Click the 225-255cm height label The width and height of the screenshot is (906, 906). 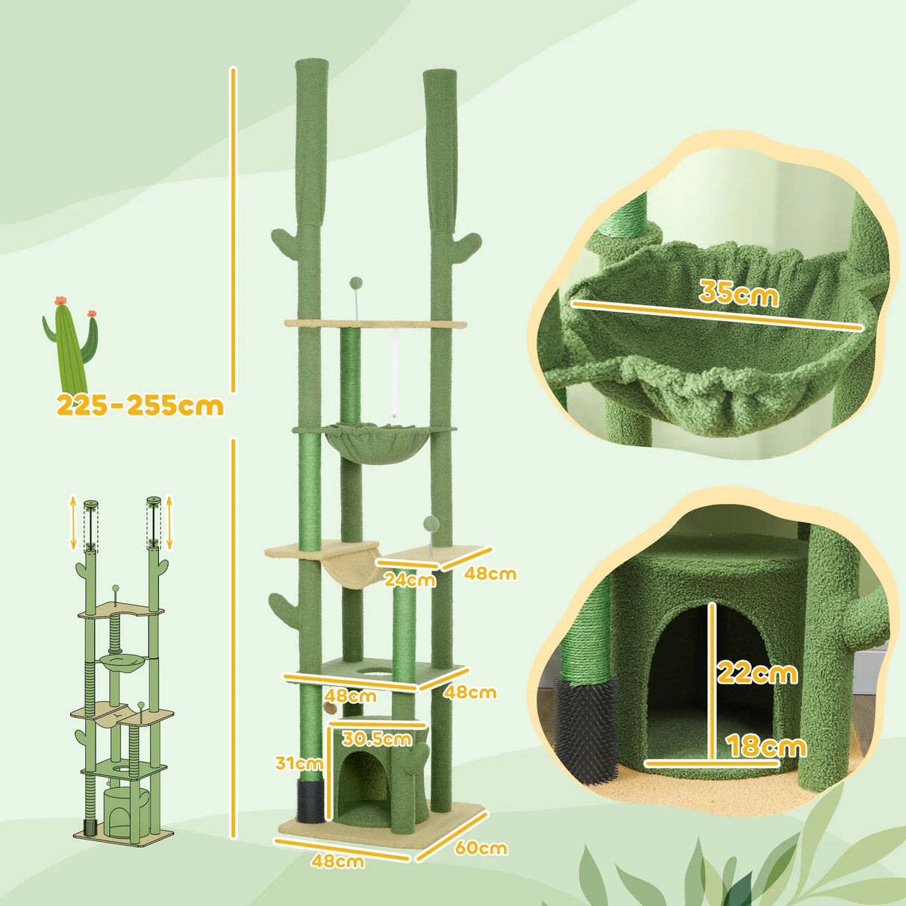(140, 405)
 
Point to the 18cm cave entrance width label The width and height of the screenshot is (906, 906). (766, 746)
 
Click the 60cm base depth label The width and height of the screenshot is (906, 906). (481, 848)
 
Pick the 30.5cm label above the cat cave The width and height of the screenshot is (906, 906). (377, 739)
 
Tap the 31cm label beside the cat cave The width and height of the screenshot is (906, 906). (299, 763)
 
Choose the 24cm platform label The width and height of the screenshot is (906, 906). (410, 578)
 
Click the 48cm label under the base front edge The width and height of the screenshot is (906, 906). (338, 860)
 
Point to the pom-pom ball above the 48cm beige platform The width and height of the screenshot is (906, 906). (431, 523)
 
